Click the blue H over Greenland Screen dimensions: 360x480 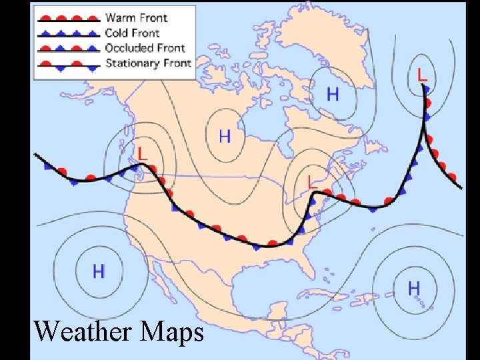coord(332,94)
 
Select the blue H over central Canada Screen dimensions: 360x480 coord(225,137)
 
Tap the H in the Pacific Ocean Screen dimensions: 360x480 coord(98,271)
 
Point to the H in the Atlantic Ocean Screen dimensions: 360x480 coord(413,288)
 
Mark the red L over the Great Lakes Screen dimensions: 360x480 coord(311,181)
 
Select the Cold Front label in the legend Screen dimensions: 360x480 coord(133,32)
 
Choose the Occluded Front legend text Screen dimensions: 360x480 coord(145,47)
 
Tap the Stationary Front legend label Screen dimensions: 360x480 coord(148,63)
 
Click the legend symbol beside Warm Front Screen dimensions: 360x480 coord(69,17)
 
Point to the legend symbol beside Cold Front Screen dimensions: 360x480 coord(69,33)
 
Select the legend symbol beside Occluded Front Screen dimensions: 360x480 coord(69,48)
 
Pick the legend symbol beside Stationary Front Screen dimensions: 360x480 coord(69,64)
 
